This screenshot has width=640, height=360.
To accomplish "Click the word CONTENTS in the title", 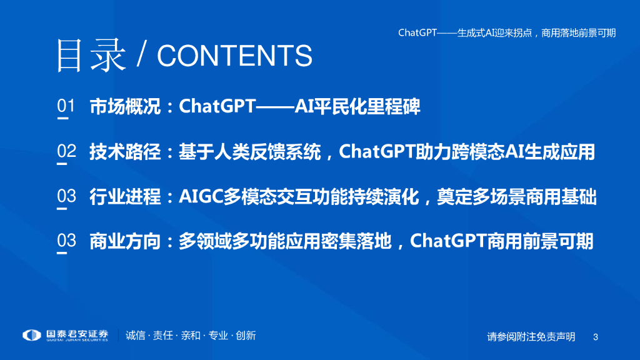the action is tap(235, 56).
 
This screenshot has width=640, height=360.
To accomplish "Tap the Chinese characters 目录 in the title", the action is tap(91, 56).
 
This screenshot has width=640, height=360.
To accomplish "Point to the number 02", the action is tap(66, 151).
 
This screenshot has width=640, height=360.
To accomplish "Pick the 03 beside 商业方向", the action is tap(66, 241).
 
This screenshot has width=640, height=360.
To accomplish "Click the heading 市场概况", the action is tap(125, 106).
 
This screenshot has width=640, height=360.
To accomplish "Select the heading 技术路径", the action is tap(125, 151).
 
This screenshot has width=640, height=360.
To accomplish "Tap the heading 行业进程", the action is tap(125, 196).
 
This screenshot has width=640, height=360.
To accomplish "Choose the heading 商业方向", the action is tap(125, 241).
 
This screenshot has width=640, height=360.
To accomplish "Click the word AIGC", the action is tap(201, 196).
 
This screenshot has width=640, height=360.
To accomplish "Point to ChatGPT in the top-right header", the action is tap(417, 32).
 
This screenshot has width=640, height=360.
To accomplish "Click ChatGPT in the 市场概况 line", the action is tap(217, 106).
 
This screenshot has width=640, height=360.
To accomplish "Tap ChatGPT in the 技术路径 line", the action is tap(377, 151).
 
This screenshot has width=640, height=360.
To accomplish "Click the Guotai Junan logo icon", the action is tap(32, 335).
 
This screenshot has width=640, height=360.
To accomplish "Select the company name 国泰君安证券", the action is tap(77, 334).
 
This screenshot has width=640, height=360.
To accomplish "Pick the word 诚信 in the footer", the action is tap(136, 336).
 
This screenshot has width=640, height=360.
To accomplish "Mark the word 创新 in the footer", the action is tap(246, 336).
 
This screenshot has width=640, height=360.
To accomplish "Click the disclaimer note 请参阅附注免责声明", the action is tap(531, 337).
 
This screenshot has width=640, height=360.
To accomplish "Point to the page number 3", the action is tap(596, 337).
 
